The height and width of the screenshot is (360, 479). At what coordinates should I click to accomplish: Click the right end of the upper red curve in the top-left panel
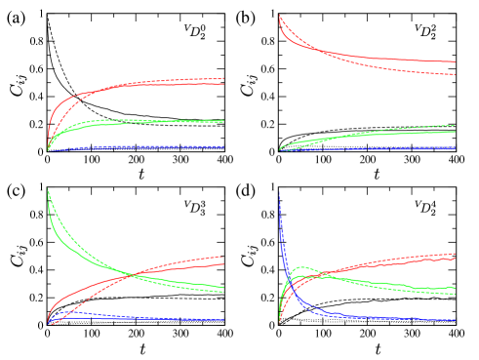point(223,78)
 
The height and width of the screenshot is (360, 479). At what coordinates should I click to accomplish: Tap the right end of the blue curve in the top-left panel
point(223,147)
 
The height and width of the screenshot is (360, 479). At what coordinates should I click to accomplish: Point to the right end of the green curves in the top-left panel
point(223,121)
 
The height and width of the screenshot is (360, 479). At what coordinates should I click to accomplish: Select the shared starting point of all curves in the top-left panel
point(48,151)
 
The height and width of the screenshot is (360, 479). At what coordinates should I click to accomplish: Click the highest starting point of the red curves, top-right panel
point(280,16)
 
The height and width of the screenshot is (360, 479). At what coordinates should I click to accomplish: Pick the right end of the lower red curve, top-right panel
point(456,74)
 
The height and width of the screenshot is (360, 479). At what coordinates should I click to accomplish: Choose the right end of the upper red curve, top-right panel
point(456,62)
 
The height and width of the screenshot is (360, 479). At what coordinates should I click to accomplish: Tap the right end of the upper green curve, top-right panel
point(456,125)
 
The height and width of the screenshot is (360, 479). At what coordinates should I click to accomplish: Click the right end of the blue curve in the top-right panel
point(456,148)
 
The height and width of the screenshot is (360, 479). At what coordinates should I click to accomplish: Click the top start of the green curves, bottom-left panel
point(48,188)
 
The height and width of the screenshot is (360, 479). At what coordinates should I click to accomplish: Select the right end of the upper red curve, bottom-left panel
point(223,257)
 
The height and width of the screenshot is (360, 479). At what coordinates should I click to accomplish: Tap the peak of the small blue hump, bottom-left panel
point(66,312)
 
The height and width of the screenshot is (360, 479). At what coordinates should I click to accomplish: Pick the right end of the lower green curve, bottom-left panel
point(223,291)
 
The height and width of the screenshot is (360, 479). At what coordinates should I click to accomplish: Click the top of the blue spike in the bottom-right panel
point(280,189)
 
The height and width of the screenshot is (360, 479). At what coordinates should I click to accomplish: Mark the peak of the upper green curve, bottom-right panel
point(301,266)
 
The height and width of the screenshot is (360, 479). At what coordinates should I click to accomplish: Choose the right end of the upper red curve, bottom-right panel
point(456,254)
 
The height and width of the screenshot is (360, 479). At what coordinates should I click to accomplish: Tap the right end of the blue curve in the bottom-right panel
point(456,319)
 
